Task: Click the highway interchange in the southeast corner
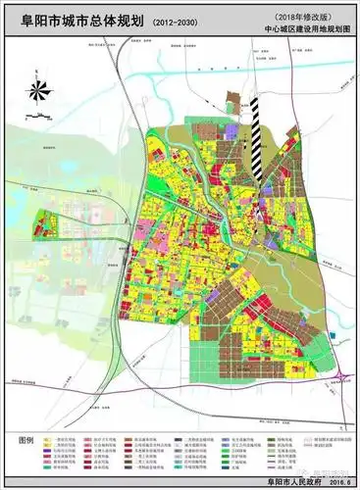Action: (340, 377)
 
